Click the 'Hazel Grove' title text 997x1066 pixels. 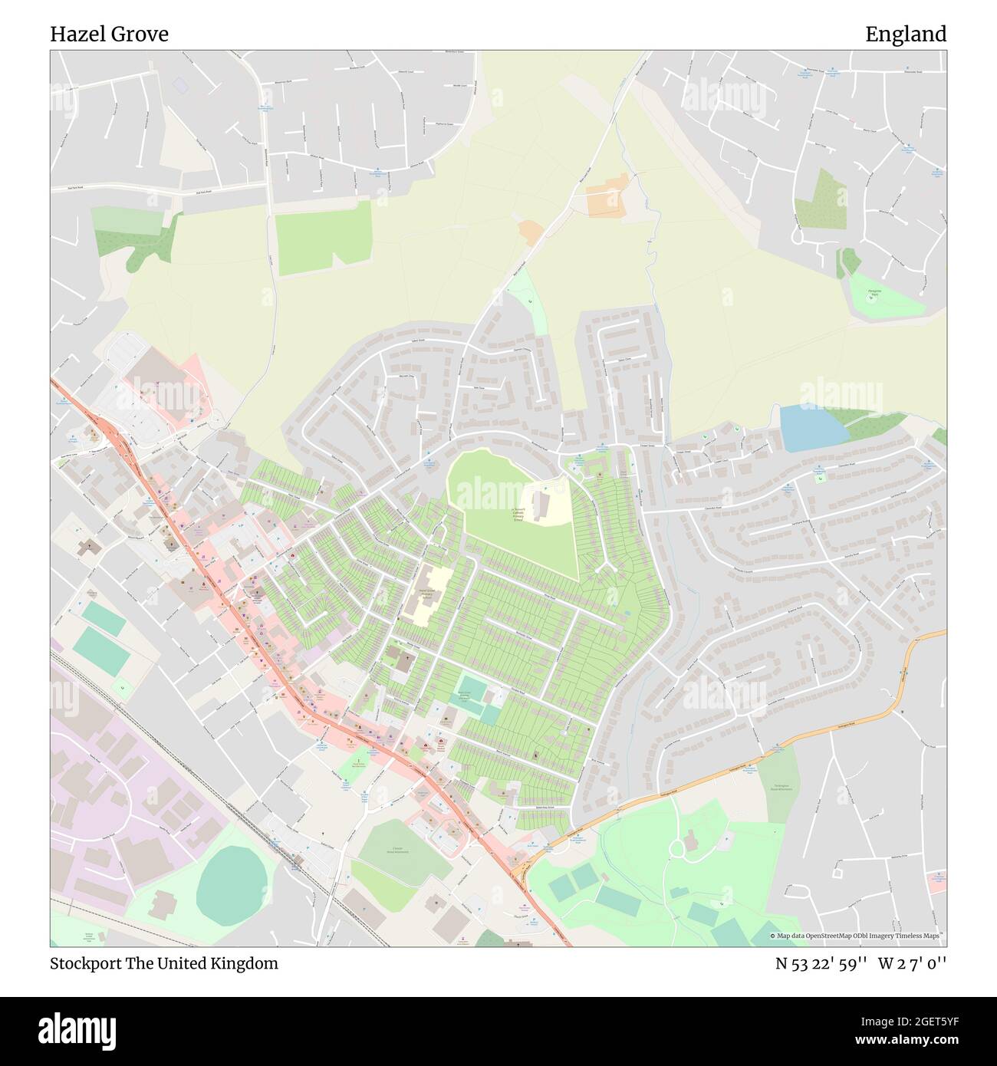[x=110, y=35]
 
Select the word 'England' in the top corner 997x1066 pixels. [x=906, y=35]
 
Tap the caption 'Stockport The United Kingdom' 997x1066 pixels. [x=164, y=963]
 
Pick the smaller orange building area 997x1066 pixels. [x=531, y=232]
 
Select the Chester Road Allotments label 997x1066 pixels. [x=397, y=849]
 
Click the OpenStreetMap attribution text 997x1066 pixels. [x=857, y=936]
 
